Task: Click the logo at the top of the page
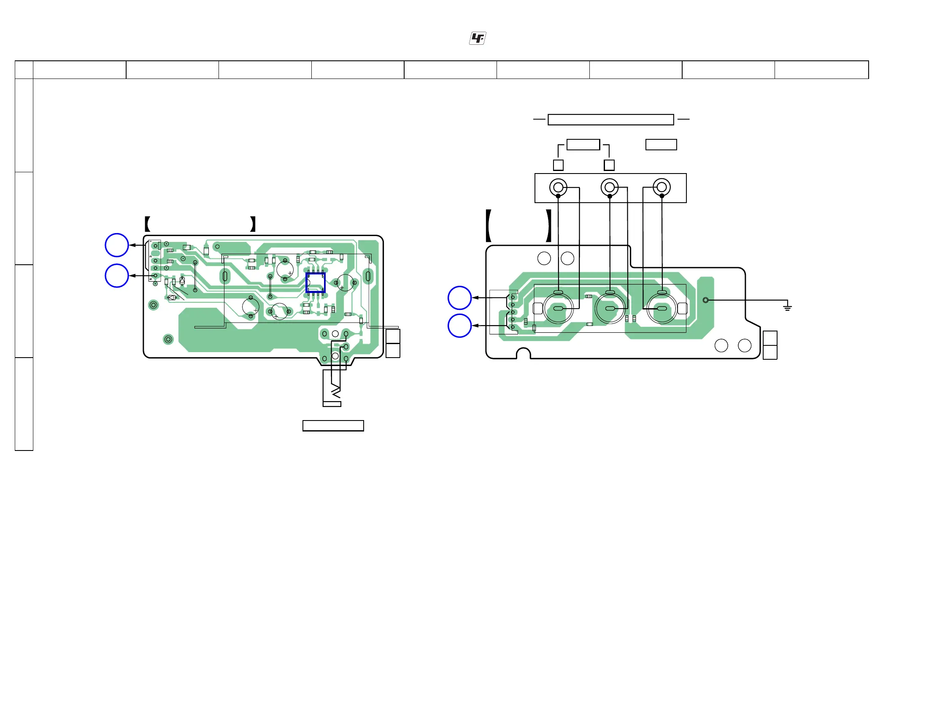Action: [x=477, y=38]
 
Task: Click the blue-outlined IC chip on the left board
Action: [x=315, y=283]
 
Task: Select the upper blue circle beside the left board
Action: [x=116, y=245]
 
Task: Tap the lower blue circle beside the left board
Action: [x=116, y=276]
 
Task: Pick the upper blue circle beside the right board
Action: [x=459, y=298]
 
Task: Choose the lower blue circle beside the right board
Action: [x=459, y=326]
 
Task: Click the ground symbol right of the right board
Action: [x=787, y=307]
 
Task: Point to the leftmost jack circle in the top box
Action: [x=558, y=187]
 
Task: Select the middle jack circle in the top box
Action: [x=610, y=187]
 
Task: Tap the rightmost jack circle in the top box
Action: [x=662, y=187]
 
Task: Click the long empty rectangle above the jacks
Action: [x=610, y=120]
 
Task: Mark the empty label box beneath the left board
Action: [x=333, y=426]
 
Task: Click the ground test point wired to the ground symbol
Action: [x=706, y=300]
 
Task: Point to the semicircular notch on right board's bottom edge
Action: [x=524, y=353]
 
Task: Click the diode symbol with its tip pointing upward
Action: [x=182, y=281]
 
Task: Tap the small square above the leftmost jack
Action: [x=558, y=165]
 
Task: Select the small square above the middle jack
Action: [x=609, y=165]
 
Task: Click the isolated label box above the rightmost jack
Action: [x=661, y=144]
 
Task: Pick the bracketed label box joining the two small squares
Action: [x=583, y=144]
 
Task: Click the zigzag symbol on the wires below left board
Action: [x=336, y=391]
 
